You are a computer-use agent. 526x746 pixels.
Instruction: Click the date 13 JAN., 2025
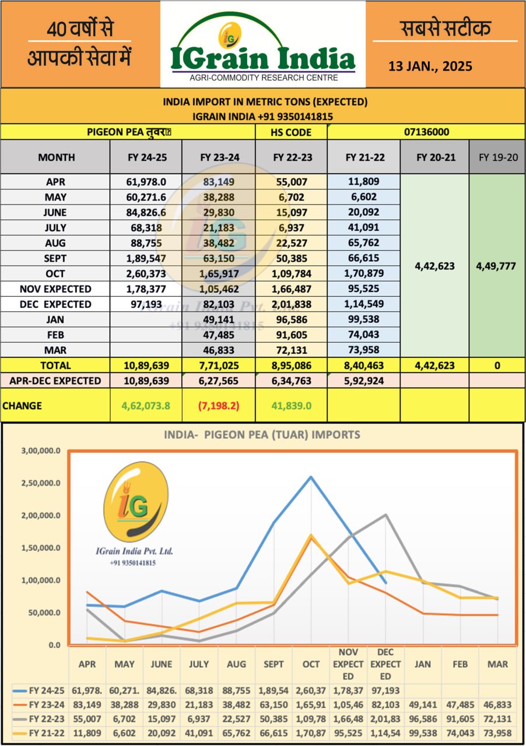coord(430,66)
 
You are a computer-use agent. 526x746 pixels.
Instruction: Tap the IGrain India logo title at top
coord(263,58)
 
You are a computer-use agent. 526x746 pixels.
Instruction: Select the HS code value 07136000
coord(426,132)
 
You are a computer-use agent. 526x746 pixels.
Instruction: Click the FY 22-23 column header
coord(291,157)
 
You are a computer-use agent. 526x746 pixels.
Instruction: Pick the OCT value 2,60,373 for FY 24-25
coord(146,273)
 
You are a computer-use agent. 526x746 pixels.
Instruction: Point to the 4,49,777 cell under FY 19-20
coord(497,266)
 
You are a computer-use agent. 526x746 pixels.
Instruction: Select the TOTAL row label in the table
coord(55,365)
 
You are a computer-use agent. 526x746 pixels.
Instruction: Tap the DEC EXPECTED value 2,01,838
coord(291,304)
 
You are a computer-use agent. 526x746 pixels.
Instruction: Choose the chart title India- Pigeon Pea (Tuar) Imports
coord(262,435)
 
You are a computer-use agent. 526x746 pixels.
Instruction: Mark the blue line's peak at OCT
coord(311,477)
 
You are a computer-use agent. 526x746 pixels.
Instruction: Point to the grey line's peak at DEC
coord(385,515)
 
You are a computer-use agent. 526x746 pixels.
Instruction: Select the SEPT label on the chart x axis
coord(273,664)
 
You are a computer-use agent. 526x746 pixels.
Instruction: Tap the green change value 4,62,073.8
coord(146,406)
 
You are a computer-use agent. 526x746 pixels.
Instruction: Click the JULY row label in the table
coord(55,228)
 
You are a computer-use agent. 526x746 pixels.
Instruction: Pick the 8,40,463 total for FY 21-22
coord(363,365)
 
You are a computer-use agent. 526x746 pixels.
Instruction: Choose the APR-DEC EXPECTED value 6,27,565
coord(219,381)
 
